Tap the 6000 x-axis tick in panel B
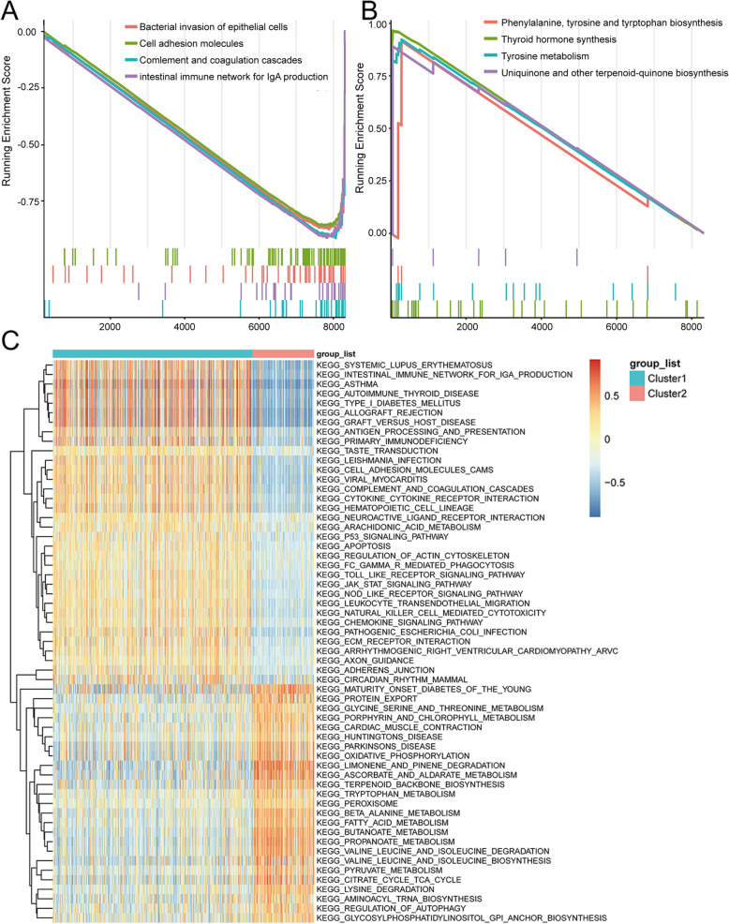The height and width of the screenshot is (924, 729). pos(616,328)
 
